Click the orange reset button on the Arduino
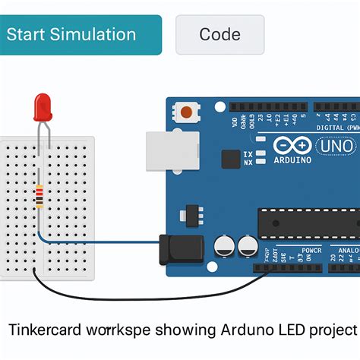pos(185,113)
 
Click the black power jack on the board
pos(181,248)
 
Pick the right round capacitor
pos(248,245)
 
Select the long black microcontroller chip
pos(308,221)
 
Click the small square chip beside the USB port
pos(231,158)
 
